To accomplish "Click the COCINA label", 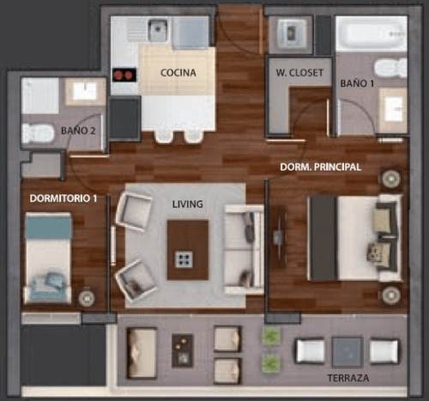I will pyautogui.click(x=179, y=73).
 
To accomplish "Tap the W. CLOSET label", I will pyautogui.click(x=296, y=73).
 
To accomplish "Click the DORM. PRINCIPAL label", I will pyautogui.click(x=320, y=167).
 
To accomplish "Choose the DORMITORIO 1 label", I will pyautogui.click(x=63, y=197).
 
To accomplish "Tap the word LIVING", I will pyautogui.click(x=187, y=204).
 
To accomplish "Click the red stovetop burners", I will pyautogui.click(x=124, y=76).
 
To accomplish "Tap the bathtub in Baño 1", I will pyautogui.click(x=369, y=34).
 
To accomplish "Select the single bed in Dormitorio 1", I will pyautogui.click(x=48, y=258).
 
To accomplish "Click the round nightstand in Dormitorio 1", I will pyautogui.click(x=86, y=298).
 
